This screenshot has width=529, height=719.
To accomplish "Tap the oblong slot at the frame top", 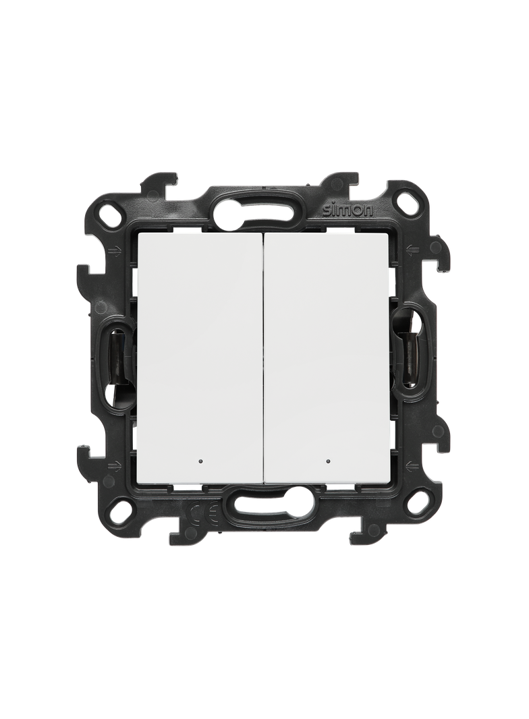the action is pyautogui.click(x=263, y=205).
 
